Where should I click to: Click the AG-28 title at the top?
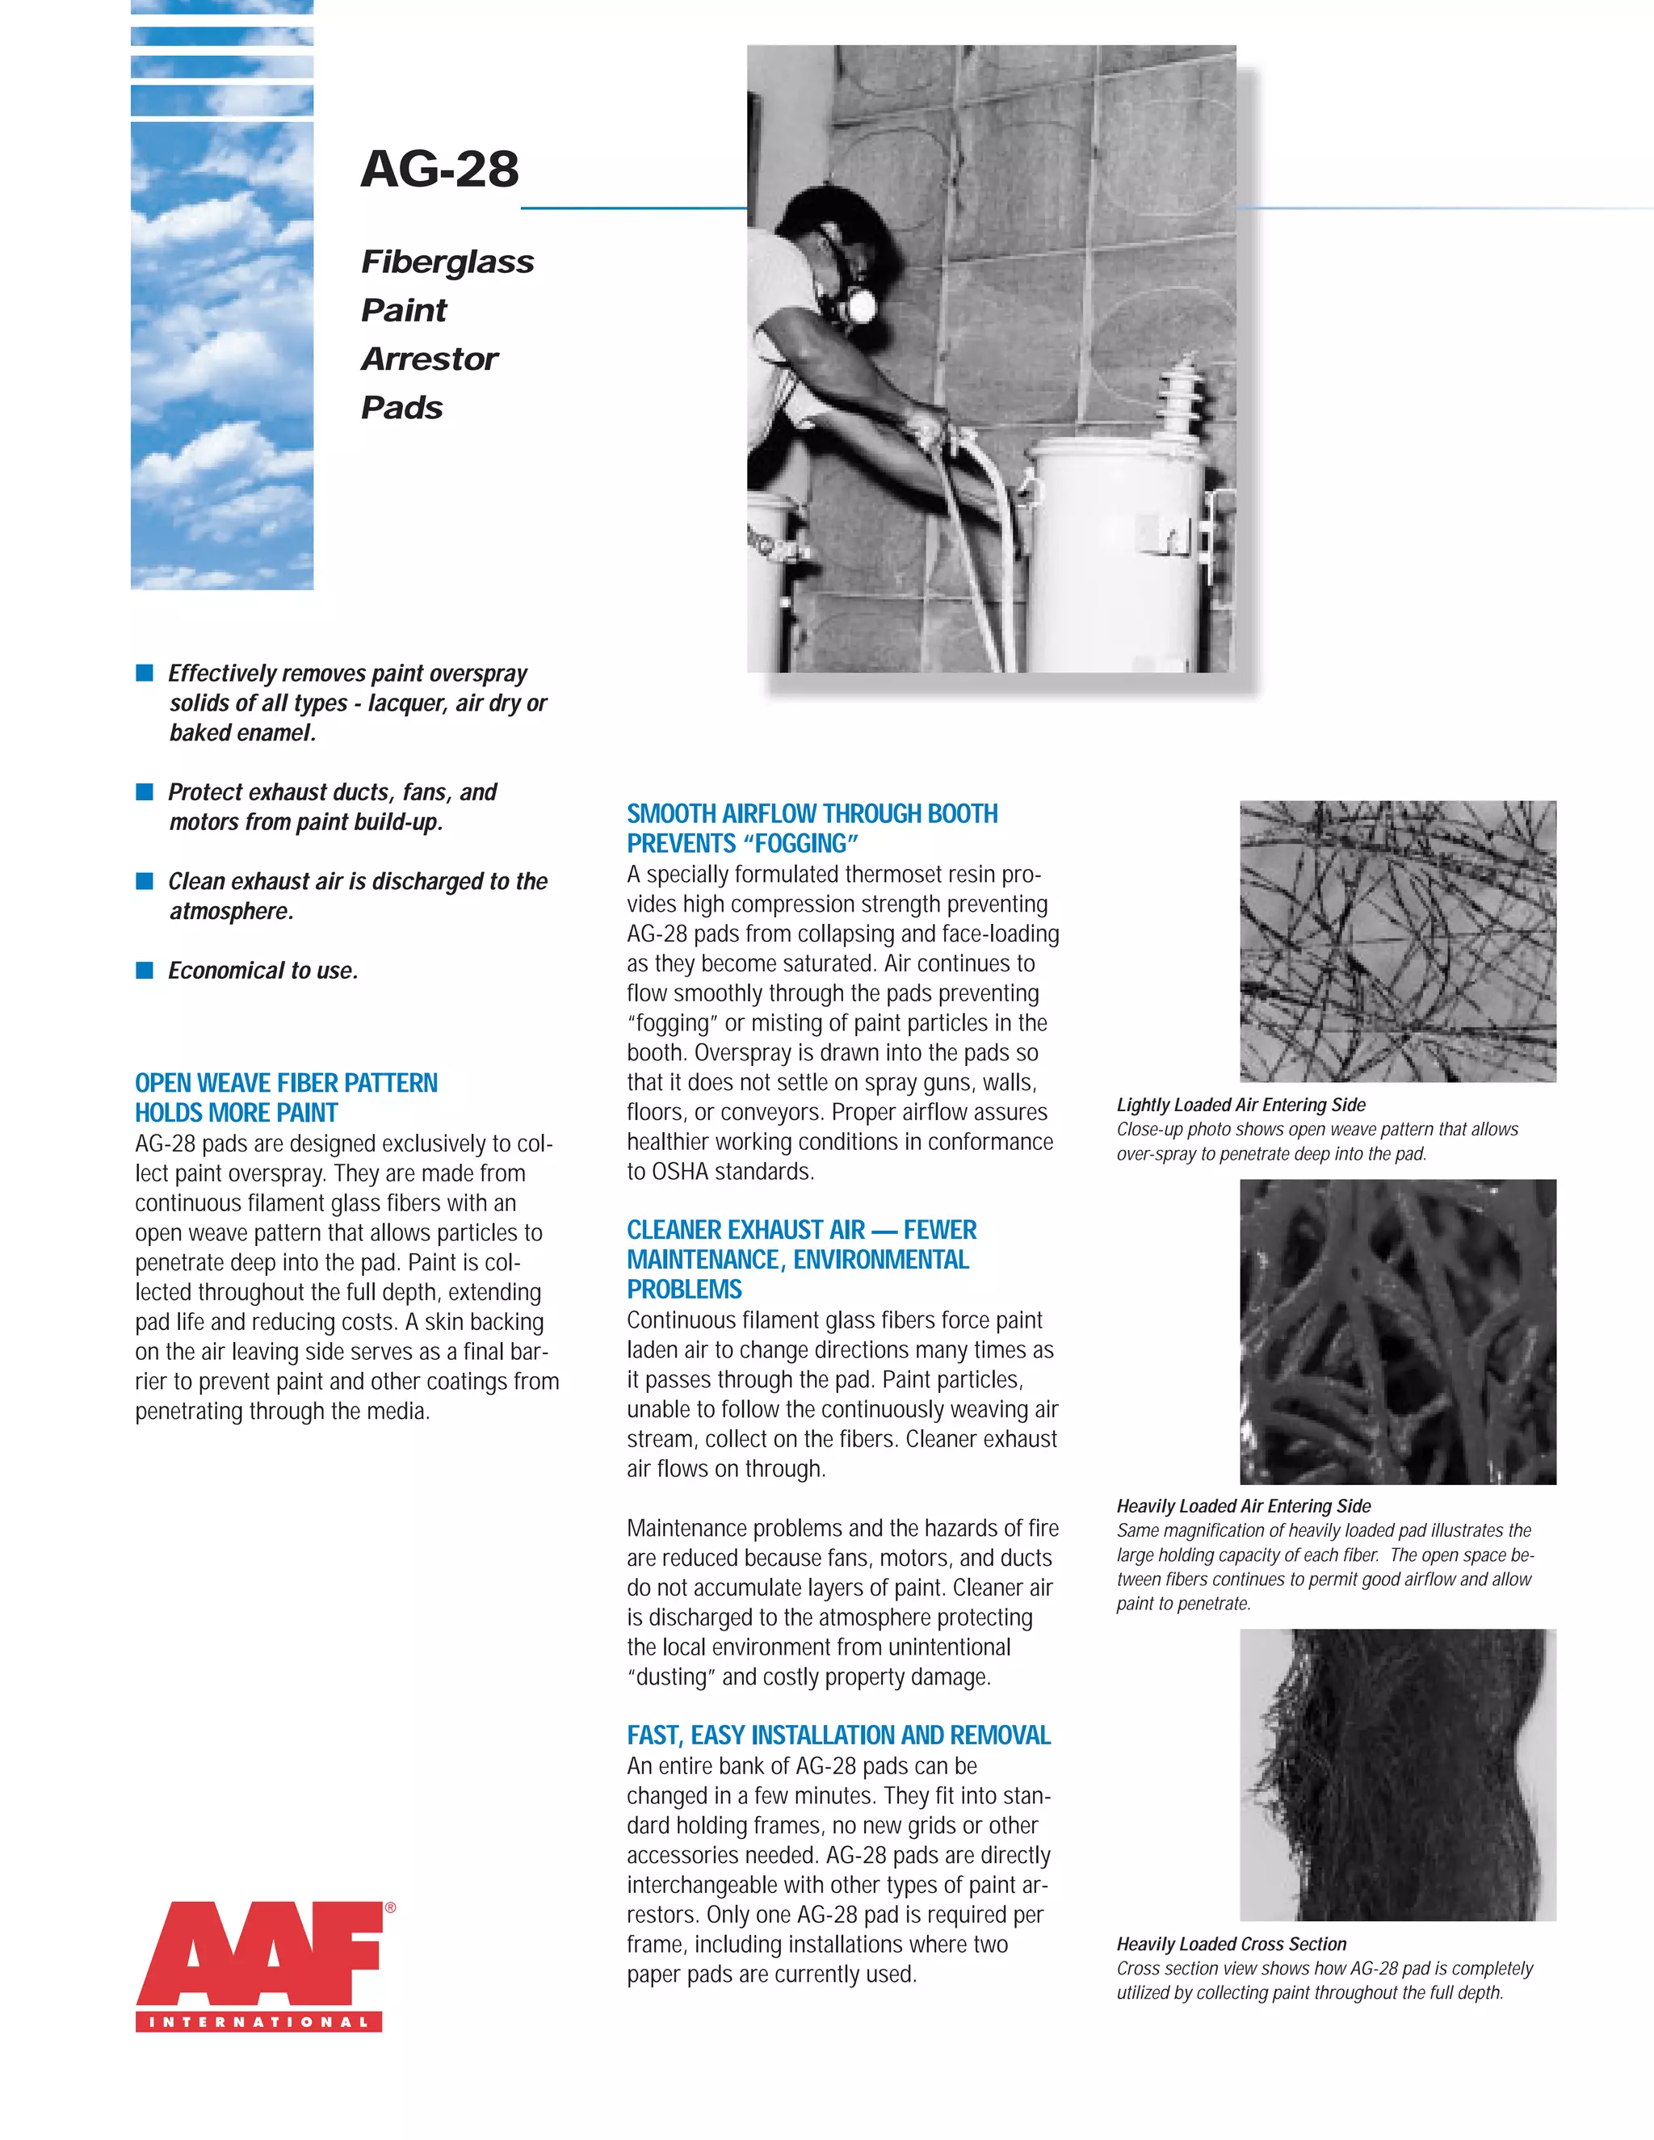tap(439, 169)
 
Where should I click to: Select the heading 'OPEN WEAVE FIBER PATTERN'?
tap(286, 1083)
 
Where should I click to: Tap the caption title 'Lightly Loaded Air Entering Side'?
tap(1240, 1104)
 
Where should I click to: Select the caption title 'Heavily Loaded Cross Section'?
tap(1231, 1943)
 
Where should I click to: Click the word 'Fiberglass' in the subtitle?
tap(447, 262)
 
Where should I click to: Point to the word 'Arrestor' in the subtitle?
tap(429, 359)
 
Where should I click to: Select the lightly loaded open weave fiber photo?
tap(1397, 941)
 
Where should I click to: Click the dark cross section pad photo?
tap(1397, 1774)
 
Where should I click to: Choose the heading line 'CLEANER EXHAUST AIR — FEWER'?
tap(801, 1230)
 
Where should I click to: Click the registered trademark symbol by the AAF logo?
tap(390, 1907)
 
